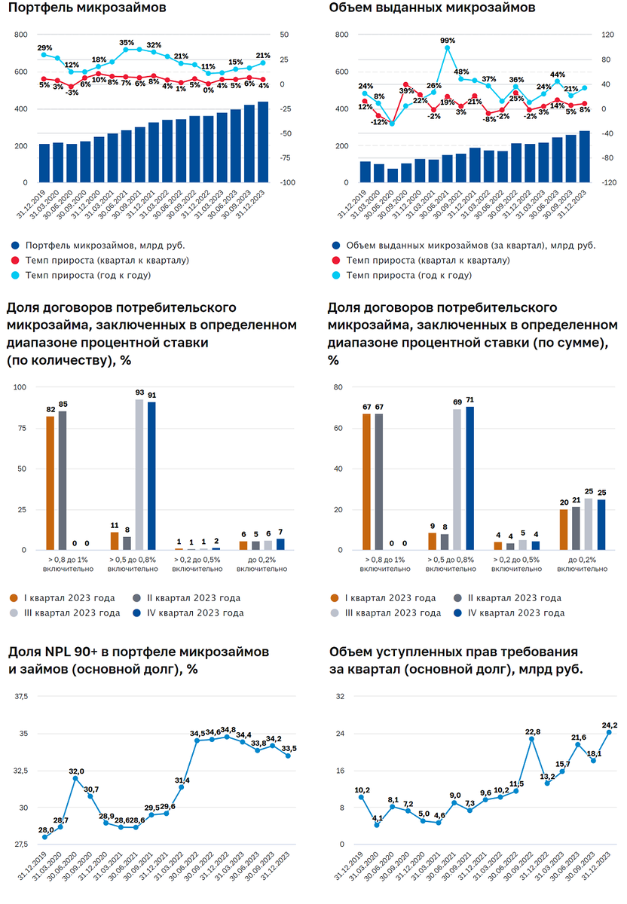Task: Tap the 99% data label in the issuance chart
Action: point(448,40)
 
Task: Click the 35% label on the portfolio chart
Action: point(127,43)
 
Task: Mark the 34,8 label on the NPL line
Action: point(228,729)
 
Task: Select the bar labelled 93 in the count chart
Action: point(139,474)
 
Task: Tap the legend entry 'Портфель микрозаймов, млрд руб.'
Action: point(105,246)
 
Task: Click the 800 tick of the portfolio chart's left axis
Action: point(20,35)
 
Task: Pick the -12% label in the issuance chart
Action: point(378,122)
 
